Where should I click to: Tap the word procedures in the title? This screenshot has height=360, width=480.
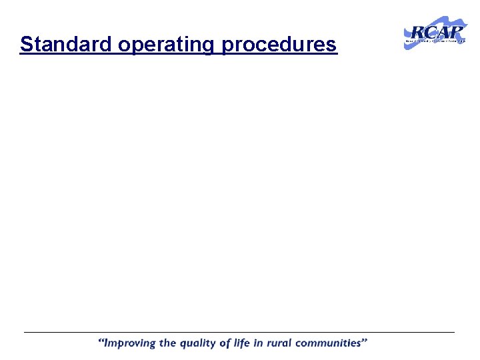tap(280, 45)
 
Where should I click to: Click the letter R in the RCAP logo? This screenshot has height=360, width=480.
tap(415, 33)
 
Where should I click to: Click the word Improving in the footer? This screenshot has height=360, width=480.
tap(131, 344)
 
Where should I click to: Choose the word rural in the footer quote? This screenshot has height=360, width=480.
tap(281, 344)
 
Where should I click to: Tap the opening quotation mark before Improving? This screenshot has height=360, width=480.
tap(101, 341)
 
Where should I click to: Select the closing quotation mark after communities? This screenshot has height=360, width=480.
tap(365, 341)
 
